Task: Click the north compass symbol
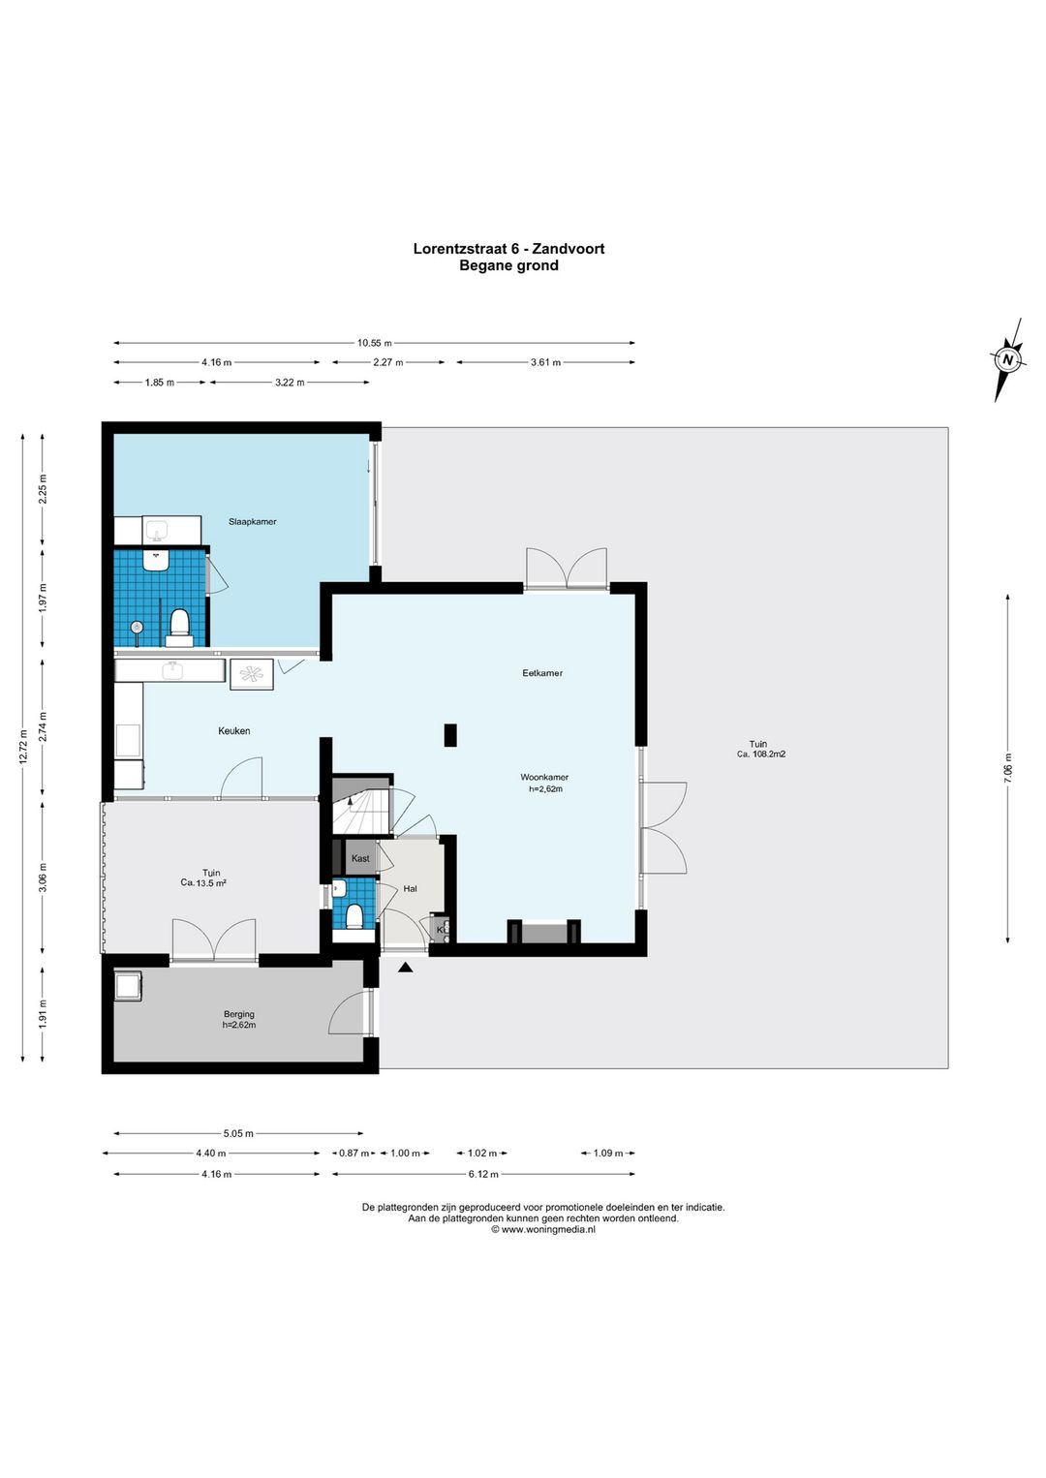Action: (x=1007, y=359)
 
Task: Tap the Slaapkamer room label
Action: (x=252, y=522)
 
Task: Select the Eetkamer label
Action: (x=541, y=673)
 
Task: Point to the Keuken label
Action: (x=234, y=730)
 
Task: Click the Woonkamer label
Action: (x=544, y=778)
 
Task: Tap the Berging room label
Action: (x=239, y=1014)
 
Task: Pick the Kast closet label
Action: (x=360, y=858)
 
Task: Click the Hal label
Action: (x=410, y=889)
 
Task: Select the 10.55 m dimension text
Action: (x=374, y=343)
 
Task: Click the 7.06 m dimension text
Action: (x=1007, y=768)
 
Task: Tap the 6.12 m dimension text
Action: (x=483, y=1174)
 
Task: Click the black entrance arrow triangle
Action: (x=405, y=968)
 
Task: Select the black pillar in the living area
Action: (x=450, y=735)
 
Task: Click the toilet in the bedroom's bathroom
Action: (x=179, y=627)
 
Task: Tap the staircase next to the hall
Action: (x=361, y=805)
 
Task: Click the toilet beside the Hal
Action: (x=354, y=917)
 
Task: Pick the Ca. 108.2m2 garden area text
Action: (x=761, y=754)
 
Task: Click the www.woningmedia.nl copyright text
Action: (x=543, y=1229)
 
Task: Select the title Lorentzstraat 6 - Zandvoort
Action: (x=508, y=249)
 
